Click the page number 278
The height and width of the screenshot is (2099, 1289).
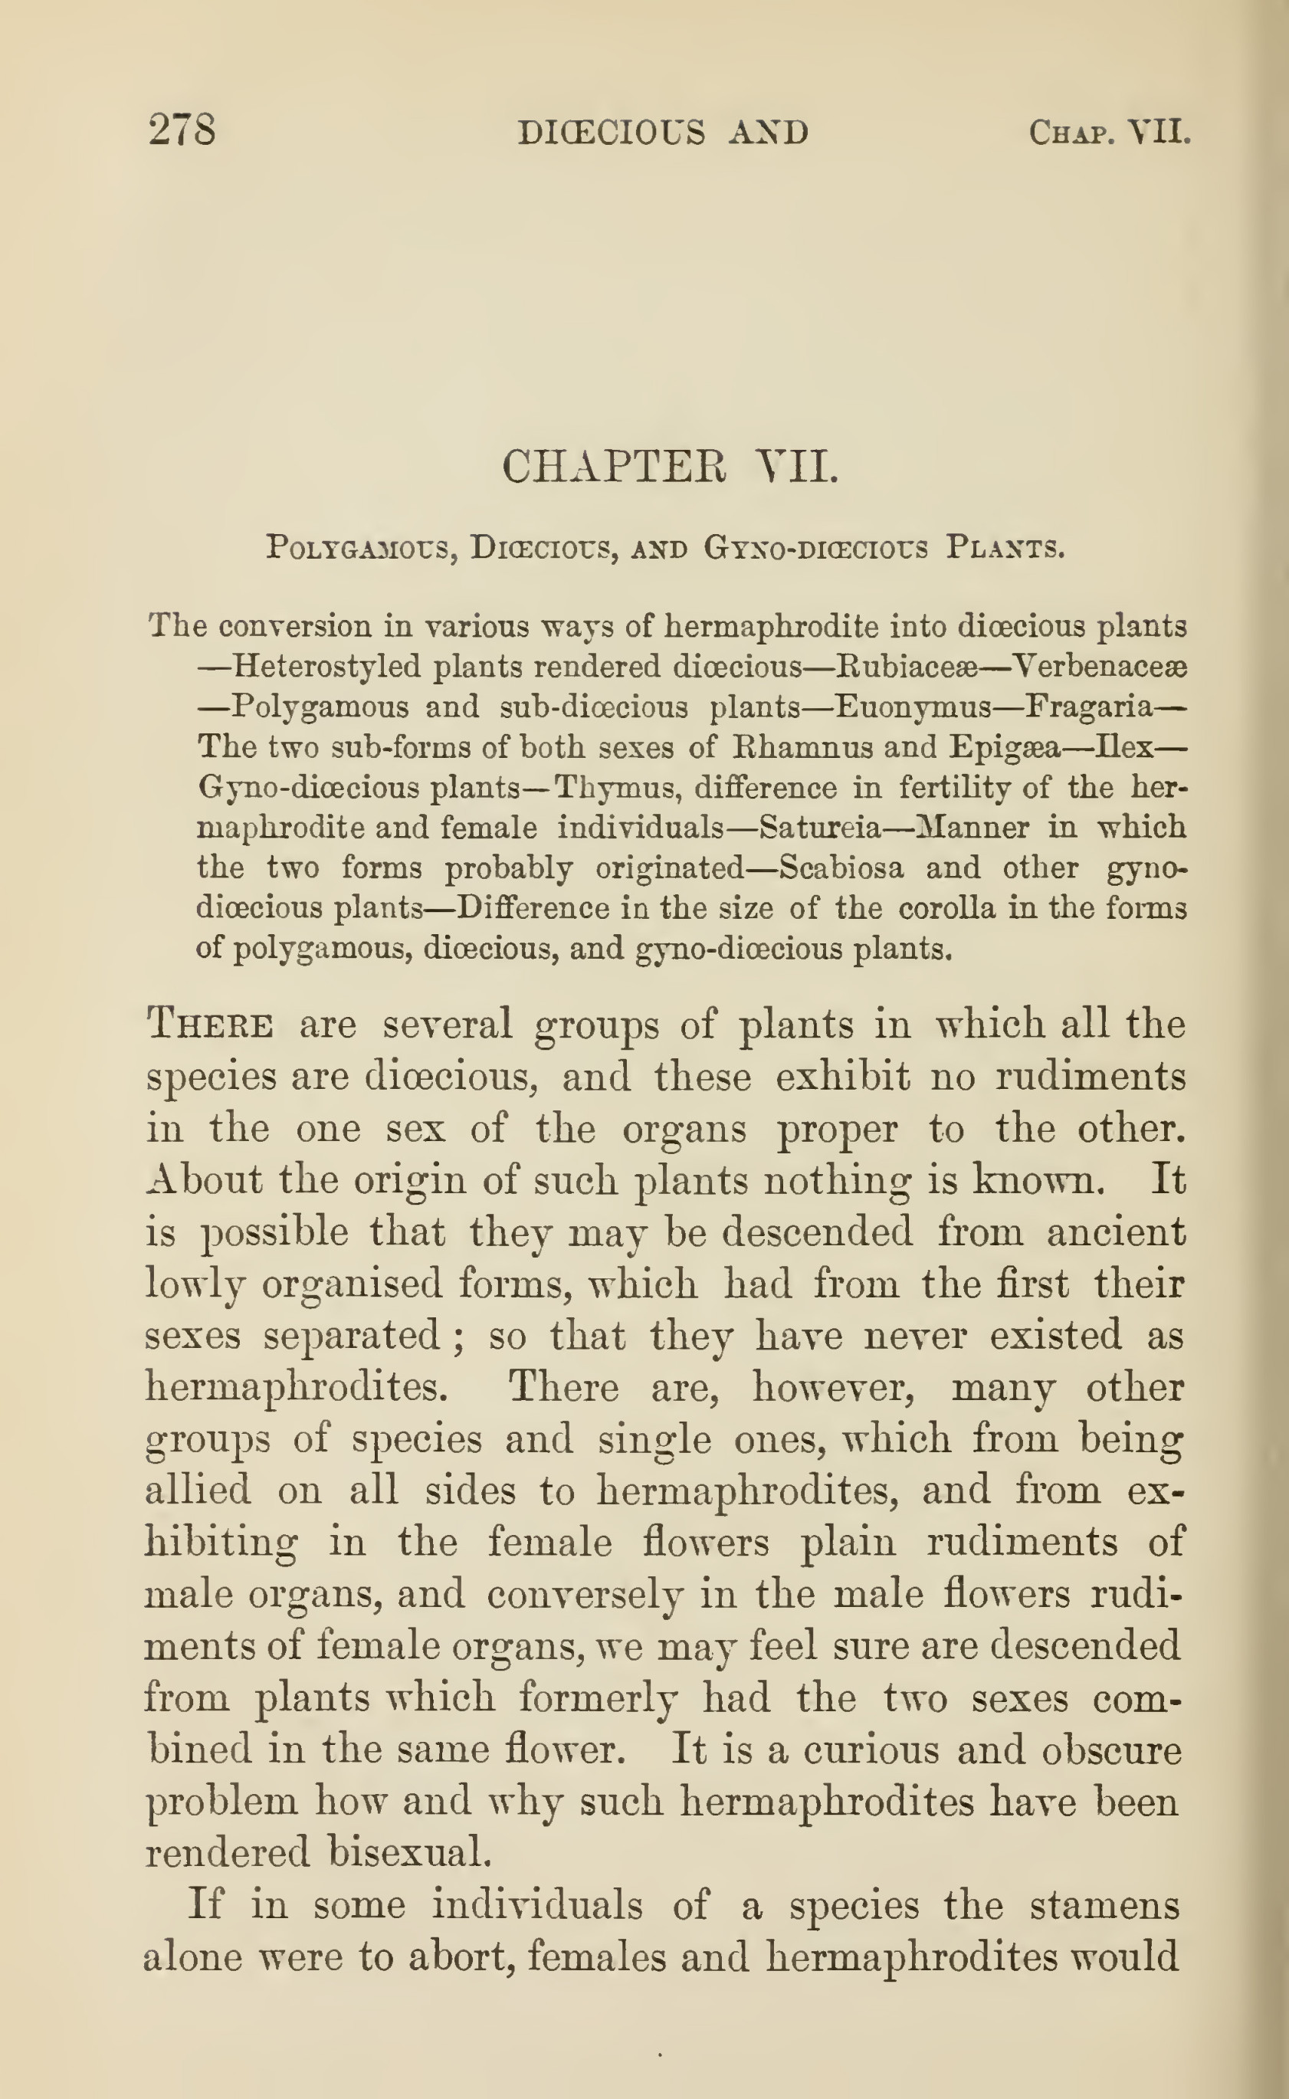click(x=182, y=130)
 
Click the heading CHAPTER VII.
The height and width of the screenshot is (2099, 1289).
click(x=670, y=467)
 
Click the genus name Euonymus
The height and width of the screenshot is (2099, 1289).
click(x=912, y=707)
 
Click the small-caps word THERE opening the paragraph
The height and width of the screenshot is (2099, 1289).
click(x=211, y=1024)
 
